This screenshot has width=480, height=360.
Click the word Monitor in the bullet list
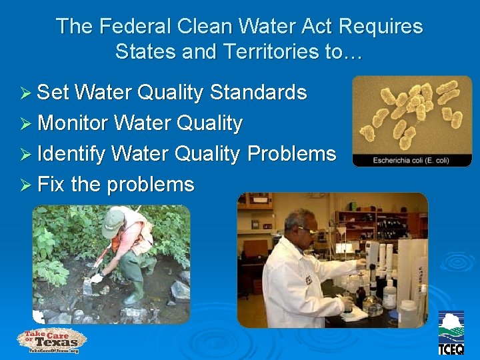coord(73,123)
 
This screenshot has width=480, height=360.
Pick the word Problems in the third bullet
coord(291,154)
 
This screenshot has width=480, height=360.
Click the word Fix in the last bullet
coord(51,185)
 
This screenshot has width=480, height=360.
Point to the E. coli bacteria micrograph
coord(411,113)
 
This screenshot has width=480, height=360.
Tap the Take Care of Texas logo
coord(51,340)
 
